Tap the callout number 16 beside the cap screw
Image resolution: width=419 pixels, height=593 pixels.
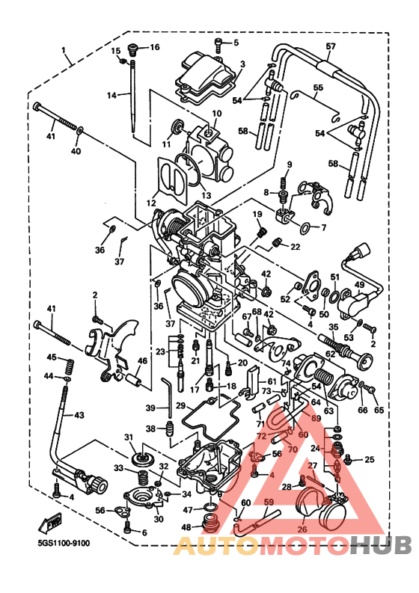[154, 47]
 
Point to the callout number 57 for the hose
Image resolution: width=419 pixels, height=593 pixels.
[330, 46]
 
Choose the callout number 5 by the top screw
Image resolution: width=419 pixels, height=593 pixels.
[234, 43]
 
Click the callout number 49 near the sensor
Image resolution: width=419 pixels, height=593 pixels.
[359, 285]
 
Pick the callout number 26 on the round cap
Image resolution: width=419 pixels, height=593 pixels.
[302, 530]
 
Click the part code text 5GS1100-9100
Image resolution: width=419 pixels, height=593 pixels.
[57, 544]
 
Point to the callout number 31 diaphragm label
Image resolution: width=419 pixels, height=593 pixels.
[127, 437]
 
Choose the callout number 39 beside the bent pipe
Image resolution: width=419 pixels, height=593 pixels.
[150, 408]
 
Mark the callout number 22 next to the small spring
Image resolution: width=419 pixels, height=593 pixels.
[295, 246]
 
